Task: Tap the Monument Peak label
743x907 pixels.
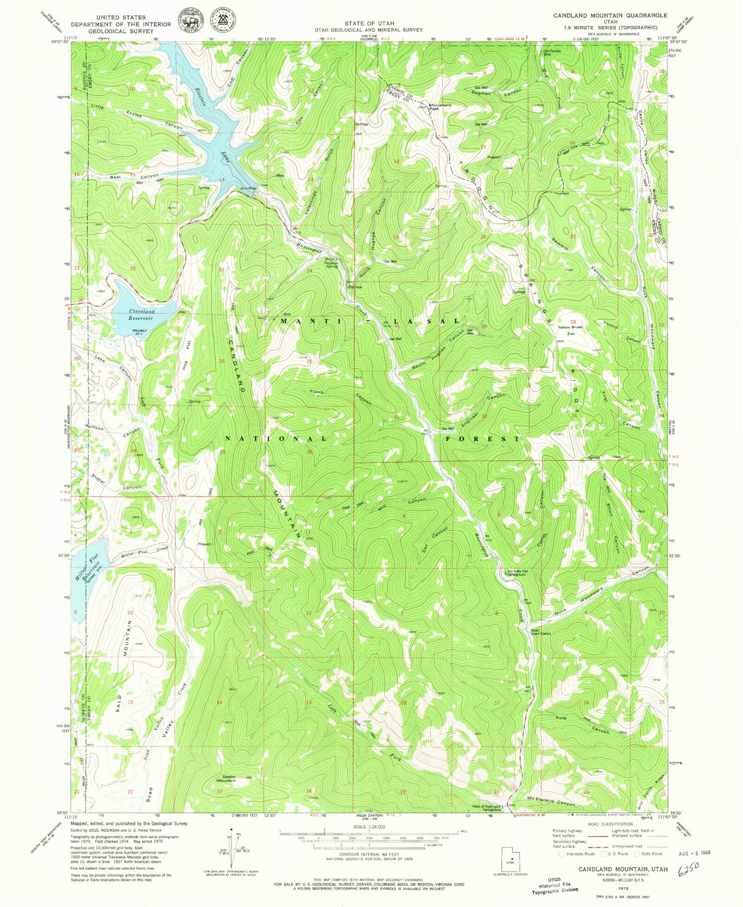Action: click(x=440, y=107)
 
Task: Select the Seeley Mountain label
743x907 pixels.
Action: click(x=226, y=778)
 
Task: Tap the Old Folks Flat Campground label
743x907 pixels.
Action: click(x=516, y=573)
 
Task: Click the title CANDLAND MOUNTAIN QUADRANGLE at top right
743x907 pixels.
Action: click(x=610, y=15)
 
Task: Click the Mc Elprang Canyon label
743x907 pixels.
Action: click(x=551, y=803)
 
